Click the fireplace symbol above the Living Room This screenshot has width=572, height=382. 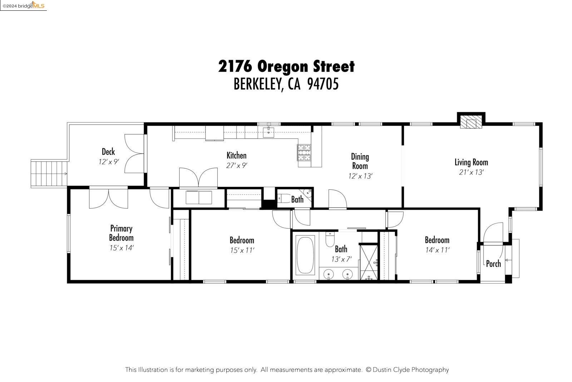pyautogui.click(x=471, y=122)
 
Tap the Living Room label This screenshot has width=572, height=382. pyautogui.click(x=471, y=162)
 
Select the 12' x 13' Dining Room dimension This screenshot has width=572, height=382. pyautogui.click(x=360, y=176)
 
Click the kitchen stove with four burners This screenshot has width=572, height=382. pyautogui.click(x=304, y=153)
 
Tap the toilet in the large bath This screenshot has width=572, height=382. pyautogui.click(x=330, y=240)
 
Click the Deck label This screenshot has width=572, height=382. pyautogui.click(x=108, y=152)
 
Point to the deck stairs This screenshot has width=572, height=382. pyautogui.click(x=49, y=174)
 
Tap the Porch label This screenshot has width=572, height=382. pyautogui.click(x=493, y=264)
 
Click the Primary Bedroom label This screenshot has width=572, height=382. pyautogui.click(x=121, y=233)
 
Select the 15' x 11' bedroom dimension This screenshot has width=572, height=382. pyautogui.click(x=242, y=250)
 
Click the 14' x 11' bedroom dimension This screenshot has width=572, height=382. pyautogui.click(x=437, y=250)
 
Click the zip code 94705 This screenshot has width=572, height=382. pyautogui.click(x=323, y=84)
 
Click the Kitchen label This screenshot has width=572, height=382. pyautogui.click(x=236, y=155)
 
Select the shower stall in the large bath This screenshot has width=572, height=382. pyautogui.click(x=369, y=261)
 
